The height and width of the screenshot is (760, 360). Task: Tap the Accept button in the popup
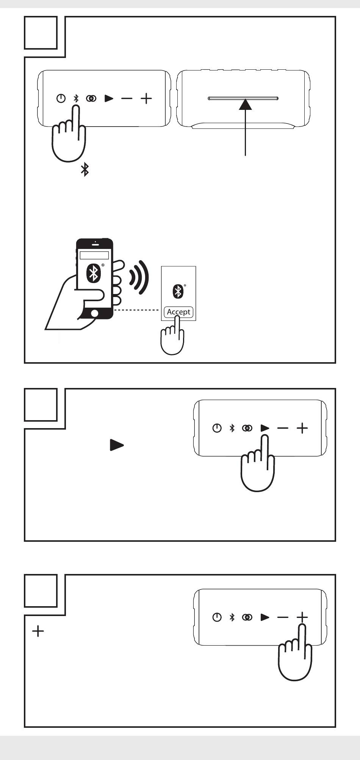click(x=178, y=312)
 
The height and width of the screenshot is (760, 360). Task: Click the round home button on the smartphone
click(x=94, y=313)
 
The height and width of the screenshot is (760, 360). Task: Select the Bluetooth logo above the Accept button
click(x=178, y=291)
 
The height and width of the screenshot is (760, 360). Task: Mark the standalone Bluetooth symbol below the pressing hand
click(x=85, y=170)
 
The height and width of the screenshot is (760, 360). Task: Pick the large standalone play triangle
click(x=117, y=445)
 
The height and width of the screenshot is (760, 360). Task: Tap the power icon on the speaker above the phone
click(x=61, y=99)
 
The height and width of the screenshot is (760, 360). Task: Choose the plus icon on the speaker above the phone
click(x=146, y=99)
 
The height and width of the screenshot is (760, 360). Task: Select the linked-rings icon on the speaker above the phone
click(x=91, y=99)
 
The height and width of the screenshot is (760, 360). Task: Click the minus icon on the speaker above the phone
click(x=127, y=99)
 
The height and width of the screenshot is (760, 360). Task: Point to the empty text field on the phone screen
click(x=94, y=255)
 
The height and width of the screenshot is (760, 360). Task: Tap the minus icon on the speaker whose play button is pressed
click(x=283, y=428)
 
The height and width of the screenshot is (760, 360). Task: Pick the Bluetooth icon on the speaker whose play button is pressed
click(x=232, y=428)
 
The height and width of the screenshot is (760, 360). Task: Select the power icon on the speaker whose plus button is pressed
click(x=217, y=617)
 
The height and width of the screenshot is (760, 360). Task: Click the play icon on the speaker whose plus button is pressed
click(x=265, y=617)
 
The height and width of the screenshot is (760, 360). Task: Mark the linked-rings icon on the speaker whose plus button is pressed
click(x=247, y=617)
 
